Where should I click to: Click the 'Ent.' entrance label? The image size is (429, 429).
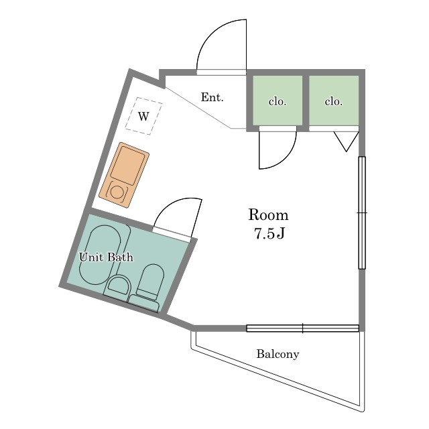[212, 97]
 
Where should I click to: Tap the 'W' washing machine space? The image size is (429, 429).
[144, 116]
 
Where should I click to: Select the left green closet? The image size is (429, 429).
[278, 101]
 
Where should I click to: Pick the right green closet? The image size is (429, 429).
[334, 101]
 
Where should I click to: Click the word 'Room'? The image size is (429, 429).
[268, 214]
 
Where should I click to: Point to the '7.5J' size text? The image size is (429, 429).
[269, 233]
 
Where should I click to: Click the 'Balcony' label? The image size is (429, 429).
[278, 354]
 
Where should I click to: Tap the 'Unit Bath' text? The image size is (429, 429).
[106, 257]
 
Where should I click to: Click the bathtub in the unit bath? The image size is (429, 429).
[100, 255]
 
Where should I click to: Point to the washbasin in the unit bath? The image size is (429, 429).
[118, 286]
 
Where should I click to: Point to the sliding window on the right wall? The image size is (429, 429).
[362, 212]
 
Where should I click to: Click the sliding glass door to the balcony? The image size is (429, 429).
[302, 328]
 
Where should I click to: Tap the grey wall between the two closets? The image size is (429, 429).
[306, 101]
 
